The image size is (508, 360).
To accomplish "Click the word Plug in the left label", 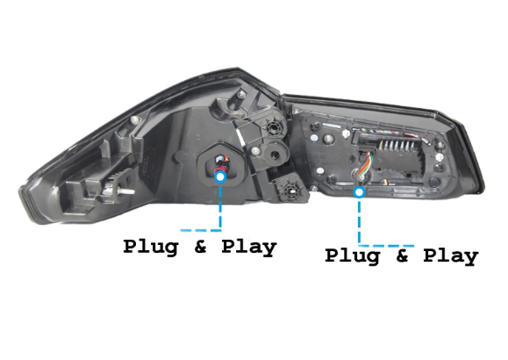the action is pyautogui.click(x=151, y=248).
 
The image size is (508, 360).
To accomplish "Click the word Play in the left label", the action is pyautogui.click(x=249, y=248).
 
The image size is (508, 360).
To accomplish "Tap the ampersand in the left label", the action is pyautogui.click(x=201, y=248).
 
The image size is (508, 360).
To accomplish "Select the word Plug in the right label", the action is pyautogui.click(x=352, y=256).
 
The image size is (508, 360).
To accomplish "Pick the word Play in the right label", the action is pyautogui.click(x=451, y=256).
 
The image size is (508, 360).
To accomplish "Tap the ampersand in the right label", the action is pyautogui.click(x=402, y=256).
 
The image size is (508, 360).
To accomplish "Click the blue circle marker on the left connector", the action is pyautogui.click(x=220, y=177).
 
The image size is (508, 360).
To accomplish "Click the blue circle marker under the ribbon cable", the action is pyautogui.click(x=359, y=192).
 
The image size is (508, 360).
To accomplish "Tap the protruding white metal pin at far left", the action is pyautogui.click(x=126, y=191).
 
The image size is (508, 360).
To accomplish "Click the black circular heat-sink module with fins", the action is pyautogui.click(x=274, y=128).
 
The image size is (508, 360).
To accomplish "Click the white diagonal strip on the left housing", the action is pyautogui.click(x=240, y=138).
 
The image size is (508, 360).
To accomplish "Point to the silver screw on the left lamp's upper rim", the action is pyautogui.click(x=135, y=119).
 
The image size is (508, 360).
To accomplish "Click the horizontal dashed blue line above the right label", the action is pyautogui.click(x=386, y=246).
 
